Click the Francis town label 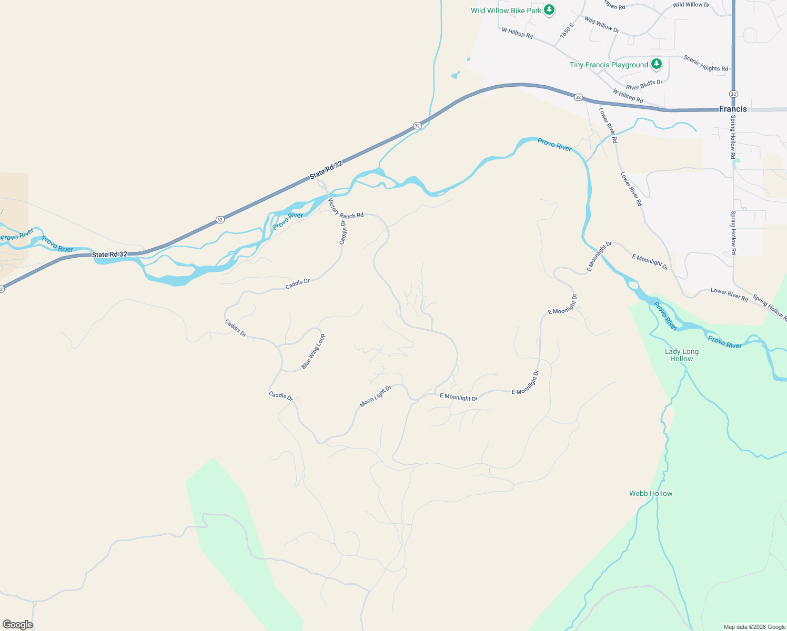pos(733,109)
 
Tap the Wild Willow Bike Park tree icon pos(549,10)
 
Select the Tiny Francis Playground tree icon pos(656,64)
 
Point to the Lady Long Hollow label pos(682,355)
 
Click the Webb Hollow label pos(651,493)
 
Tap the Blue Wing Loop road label pos(313,351)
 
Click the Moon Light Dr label pos(376,396)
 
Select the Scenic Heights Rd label pos(706,63)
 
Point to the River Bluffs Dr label pos(644,85)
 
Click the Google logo pos(17,625)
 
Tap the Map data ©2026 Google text pos(754,627)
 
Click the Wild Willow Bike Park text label pos(506,11)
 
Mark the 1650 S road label pos(567,30)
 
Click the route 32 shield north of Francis pos(733,94)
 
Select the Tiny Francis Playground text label pos(609,65)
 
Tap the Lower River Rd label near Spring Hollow pos(729,294)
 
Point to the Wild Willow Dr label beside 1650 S pos(601,24)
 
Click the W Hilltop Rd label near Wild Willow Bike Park pos(517,33)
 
